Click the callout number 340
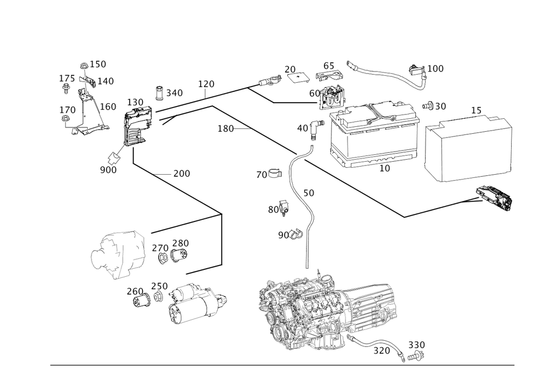coord(174,94)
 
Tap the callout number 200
coord(182,174)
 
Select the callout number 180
coord(225,128)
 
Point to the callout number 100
coord(436,69)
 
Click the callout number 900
coord(108,170)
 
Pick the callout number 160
coord(108,107)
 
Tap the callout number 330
coord(416,345)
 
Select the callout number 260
coord(134,292)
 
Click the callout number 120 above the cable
coord(206,84)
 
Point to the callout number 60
coord(314,93)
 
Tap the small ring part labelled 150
coord(84,66)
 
